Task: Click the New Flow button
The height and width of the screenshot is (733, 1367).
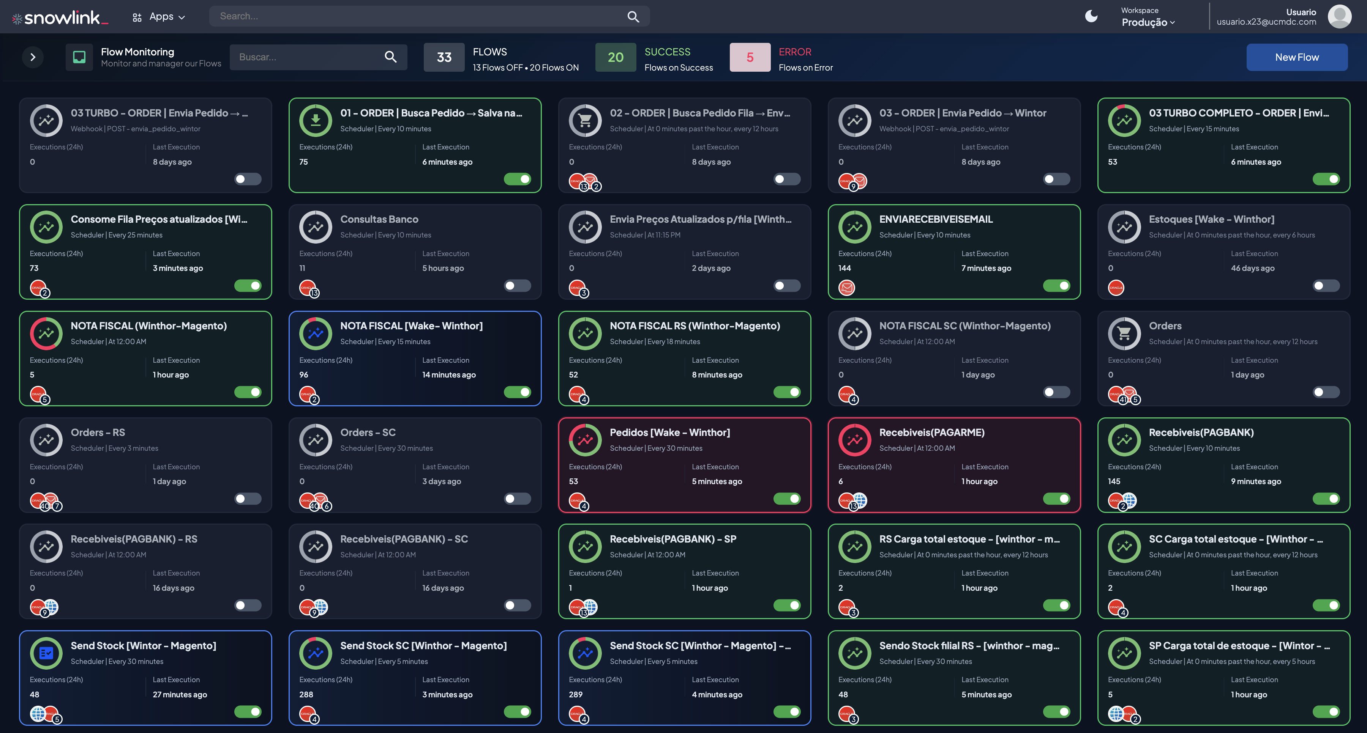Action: click(1296, 57)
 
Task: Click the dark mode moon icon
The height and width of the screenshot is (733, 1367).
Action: click(1091, 16)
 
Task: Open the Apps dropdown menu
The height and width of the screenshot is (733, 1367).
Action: click(159, 17)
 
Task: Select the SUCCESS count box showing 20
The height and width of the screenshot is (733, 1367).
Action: click(615, 57)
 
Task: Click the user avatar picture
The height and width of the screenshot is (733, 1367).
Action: click(1339, 16)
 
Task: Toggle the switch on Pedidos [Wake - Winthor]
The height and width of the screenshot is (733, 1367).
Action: click(787, 499)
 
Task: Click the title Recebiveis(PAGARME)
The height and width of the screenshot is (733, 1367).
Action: click(931, 432)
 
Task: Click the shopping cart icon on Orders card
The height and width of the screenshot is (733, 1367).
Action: click(1124, 333)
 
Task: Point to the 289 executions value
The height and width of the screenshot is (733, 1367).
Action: click(575, 694)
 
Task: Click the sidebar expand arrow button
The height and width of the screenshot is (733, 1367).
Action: click(33, 57)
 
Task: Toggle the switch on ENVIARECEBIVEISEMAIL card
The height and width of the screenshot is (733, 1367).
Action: click(1056, 286)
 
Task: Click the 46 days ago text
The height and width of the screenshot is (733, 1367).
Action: click(1252, 268)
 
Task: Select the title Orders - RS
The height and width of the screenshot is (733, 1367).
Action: click(98, 432)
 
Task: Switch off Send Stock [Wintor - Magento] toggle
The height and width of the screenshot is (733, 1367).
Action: click(248, 712)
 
